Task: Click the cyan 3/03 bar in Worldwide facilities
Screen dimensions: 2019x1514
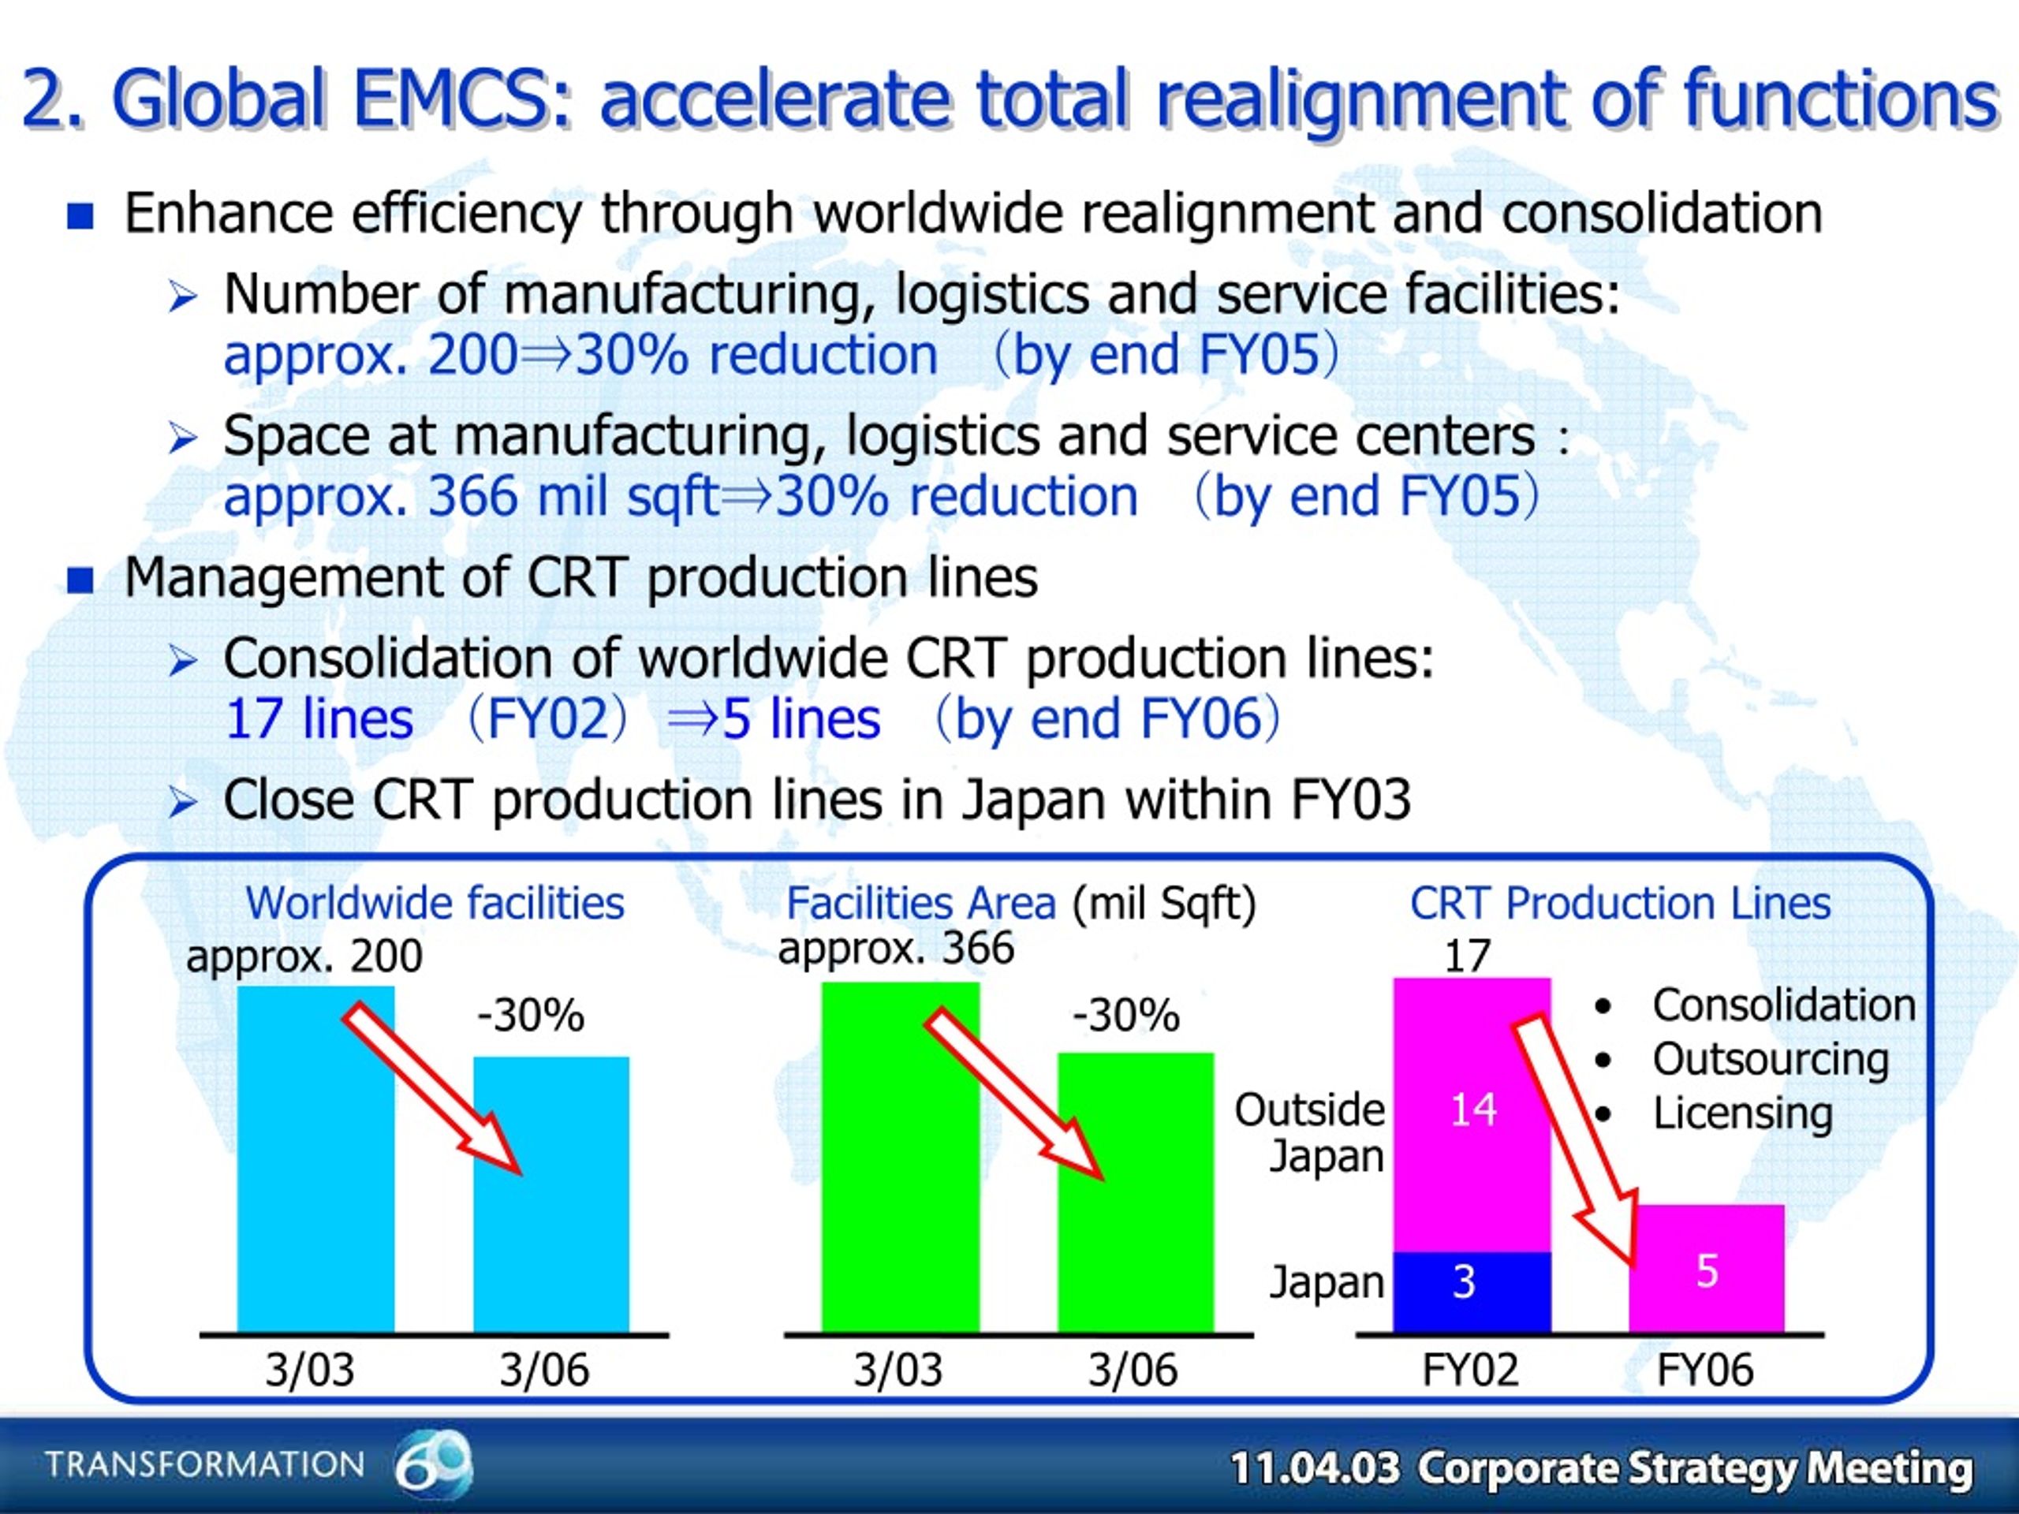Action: pos(315,1159)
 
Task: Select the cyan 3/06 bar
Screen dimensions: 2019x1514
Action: pos(551,1195)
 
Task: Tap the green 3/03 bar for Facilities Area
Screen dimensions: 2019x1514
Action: pos(901,1157)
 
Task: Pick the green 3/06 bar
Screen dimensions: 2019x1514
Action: pos(1136,1193)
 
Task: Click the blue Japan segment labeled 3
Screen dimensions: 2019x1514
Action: pos(1472,1292)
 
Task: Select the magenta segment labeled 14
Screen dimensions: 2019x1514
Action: pos(1472,1115)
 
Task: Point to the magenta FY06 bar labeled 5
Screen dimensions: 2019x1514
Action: pos(1707,1269)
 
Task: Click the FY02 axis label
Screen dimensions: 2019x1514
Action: pos(1470,1370)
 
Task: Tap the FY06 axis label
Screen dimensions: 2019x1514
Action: pos(1705,1370)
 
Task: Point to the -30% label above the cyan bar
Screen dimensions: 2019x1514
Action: pos(530,1016)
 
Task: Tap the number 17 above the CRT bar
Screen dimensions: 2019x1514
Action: pos(1467,957)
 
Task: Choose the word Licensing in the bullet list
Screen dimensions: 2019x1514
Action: pos(1742,1114)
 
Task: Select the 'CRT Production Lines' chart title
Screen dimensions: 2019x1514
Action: pos(1620,904)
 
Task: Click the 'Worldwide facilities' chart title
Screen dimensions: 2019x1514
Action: pos(435,904)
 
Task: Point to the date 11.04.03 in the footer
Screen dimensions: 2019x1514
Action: pos(1313,1468)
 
